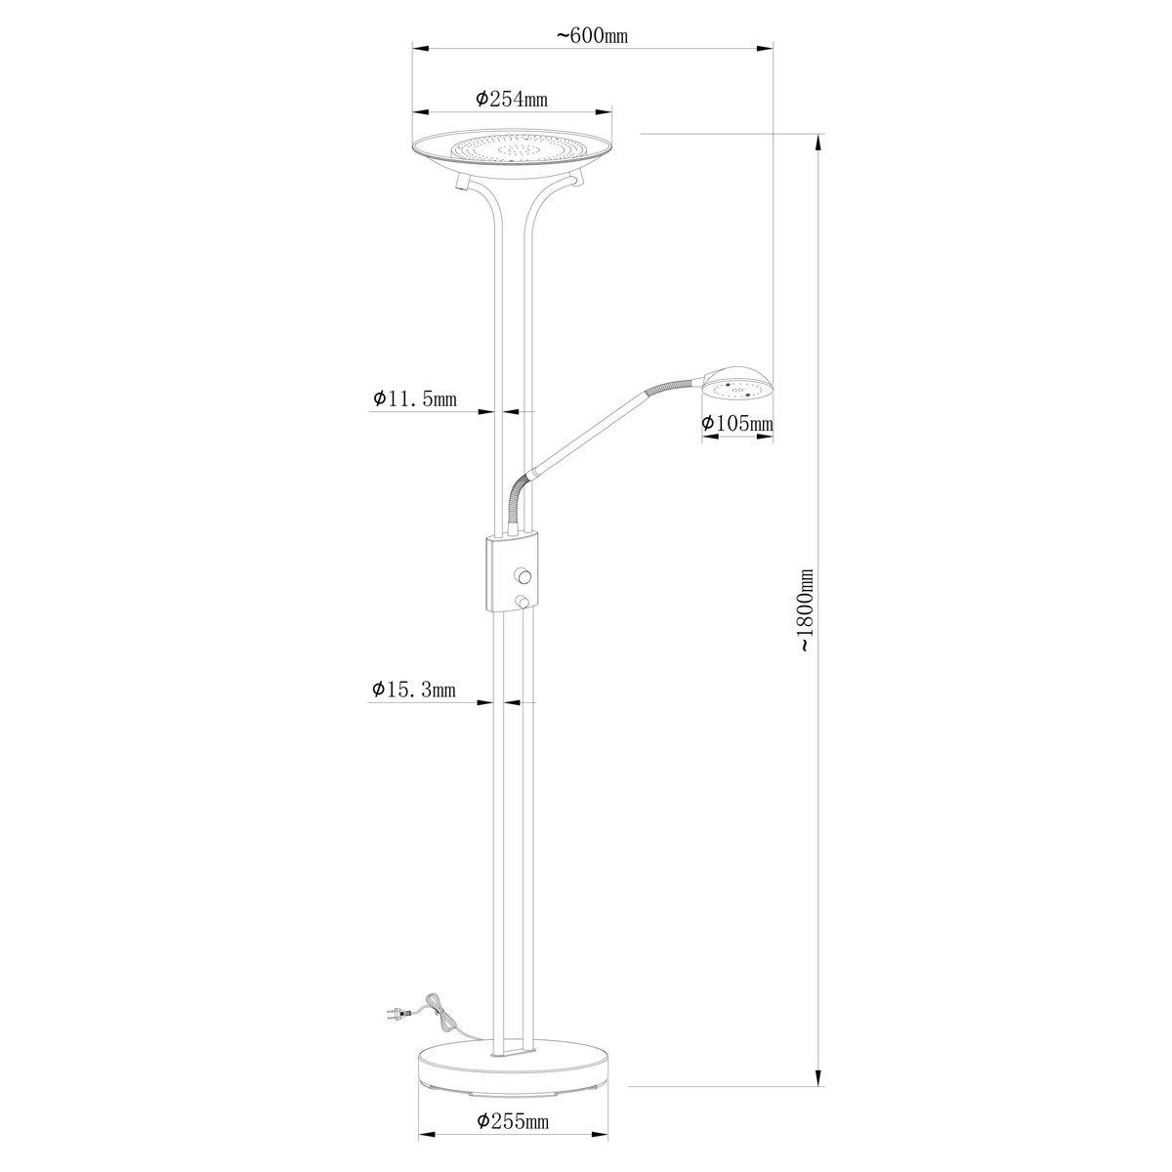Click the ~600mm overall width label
click(592, 36)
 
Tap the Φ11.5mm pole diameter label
click(414, 399)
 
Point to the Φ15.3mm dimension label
click(414, 690)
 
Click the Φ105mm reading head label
click(737, 423)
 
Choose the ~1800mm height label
click(804, 609)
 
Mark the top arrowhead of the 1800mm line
click(816, 142)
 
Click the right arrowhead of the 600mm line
click(766, 45)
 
